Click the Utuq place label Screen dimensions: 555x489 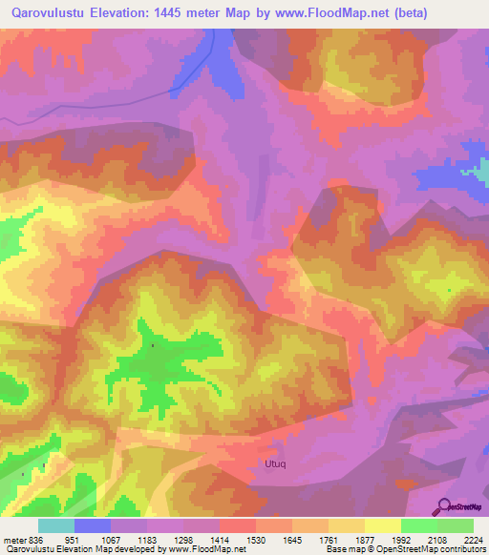(x=273, y=464)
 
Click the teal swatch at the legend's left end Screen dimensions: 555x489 (x=56, y=524)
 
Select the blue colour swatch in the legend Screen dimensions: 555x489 (x=93, y=524)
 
